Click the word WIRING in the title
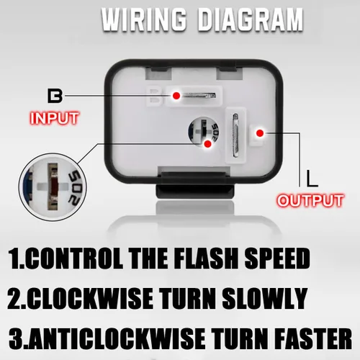pos(144,19)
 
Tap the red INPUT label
pos(54,118)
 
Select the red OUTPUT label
pos(310,200)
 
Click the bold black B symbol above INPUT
pos(55,96)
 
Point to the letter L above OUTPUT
pos(312,179)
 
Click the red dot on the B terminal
pos(176,96)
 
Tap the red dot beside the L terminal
pos(260,133)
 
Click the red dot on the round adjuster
pos(207,144)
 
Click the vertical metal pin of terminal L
pos(235,135)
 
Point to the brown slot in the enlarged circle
pos(53,187)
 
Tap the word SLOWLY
pos(264,298)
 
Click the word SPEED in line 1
pos(277,258)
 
